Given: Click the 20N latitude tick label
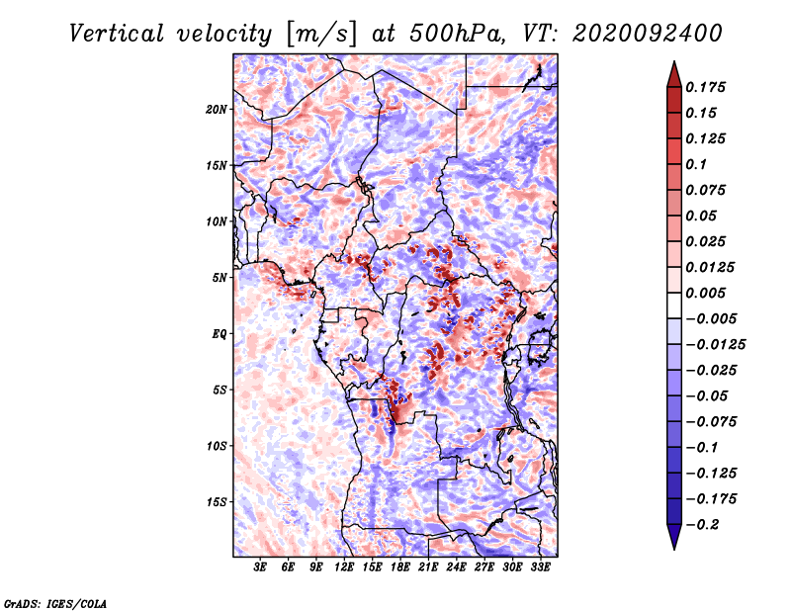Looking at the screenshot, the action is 217,109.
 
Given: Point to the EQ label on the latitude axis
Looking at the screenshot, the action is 219,334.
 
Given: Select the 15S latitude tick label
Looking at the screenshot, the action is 217,502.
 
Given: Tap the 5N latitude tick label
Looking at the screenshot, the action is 220,278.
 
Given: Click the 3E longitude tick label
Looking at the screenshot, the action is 260,567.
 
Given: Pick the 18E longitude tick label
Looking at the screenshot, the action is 400,567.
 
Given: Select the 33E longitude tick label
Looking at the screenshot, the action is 540,567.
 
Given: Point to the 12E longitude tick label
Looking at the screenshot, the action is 344,567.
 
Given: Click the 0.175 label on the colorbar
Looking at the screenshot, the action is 705,87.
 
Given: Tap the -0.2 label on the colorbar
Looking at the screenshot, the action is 702,525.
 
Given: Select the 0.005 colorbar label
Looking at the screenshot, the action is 705,293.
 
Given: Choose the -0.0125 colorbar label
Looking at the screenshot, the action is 715,345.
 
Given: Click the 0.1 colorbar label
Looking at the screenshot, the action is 696,164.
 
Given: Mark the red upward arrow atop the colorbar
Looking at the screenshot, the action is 674,74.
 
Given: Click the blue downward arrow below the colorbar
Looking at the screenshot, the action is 674,537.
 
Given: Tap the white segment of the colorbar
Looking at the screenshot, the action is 674,305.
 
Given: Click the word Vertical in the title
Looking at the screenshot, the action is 117,34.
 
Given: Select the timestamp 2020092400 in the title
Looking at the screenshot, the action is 648,34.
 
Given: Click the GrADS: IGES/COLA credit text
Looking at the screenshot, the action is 55,603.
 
